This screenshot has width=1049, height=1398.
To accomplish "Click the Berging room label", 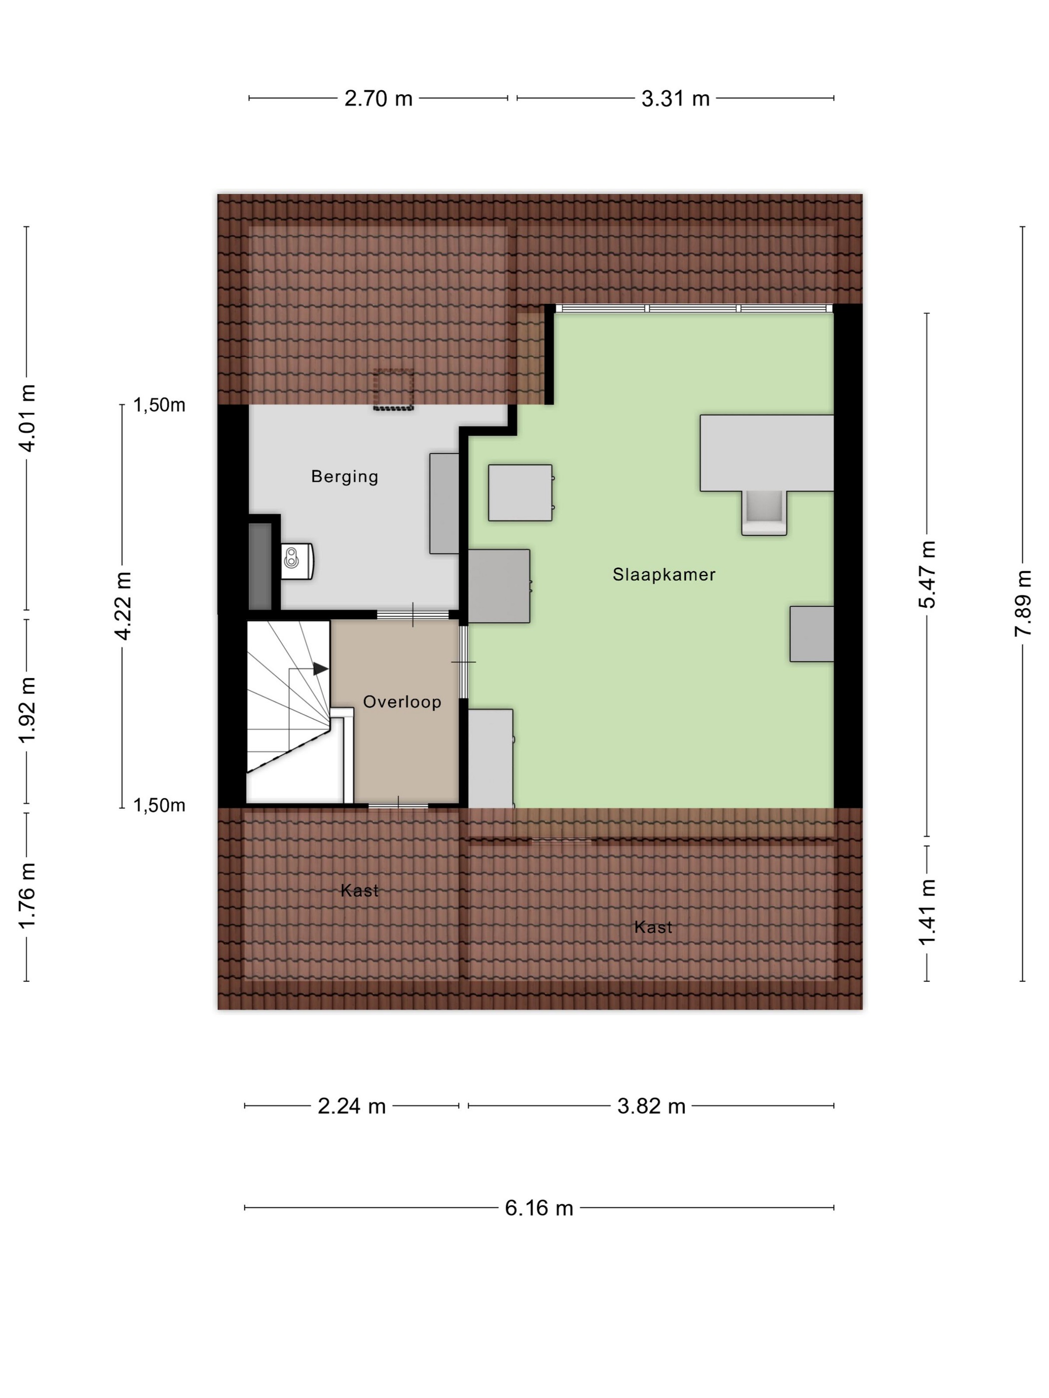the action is pos(344,476).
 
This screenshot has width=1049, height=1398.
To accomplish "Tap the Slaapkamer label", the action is pos(664,575).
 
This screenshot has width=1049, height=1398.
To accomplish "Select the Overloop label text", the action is pos(402,701).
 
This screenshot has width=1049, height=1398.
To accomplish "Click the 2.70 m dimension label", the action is pos(378,98).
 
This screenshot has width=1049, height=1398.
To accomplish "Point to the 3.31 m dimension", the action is pos(675,98).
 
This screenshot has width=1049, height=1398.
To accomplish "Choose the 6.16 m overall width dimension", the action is pos(538,1208).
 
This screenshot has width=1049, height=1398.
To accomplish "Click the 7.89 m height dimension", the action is pos(1023,603).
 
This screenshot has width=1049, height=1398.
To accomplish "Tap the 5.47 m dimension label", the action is pos(927,574).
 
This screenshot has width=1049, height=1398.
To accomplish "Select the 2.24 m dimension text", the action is pos(352,1106).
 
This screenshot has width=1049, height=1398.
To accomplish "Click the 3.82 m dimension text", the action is pos(651,1106).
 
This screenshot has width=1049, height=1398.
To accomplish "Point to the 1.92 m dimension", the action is pos(26,710).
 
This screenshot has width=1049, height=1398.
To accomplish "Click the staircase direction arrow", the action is pos(321,668).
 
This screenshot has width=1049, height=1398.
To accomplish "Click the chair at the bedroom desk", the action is pos(764,512).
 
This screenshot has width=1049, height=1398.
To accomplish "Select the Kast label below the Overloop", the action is pos(359,891).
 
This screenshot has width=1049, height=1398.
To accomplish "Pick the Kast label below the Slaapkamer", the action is pos(653,927).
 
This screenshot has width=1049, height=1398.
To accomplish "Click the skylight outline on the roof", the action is pos(393,390).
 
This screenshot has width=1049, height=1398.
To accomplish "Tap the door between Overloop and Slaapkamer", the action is pos(464,662).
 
